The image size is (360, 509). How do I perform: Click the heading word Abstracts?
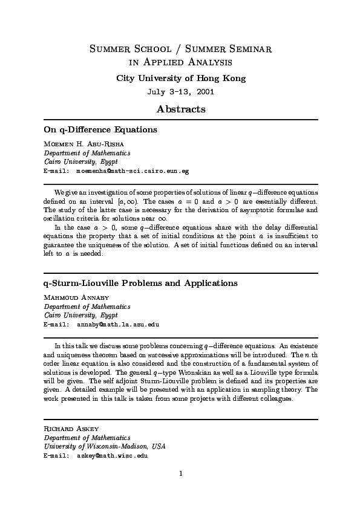181,109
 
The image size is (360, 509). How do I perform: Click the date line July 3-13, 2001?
181,92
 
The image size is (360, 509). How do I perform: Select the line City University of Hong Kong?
181,79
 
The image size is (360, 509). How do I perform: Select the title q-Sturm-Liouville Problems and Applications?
141,283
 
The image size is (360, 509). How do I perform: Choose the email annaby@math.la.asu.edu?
118,324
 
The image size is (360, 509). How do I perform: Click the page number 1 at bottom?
181,473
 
